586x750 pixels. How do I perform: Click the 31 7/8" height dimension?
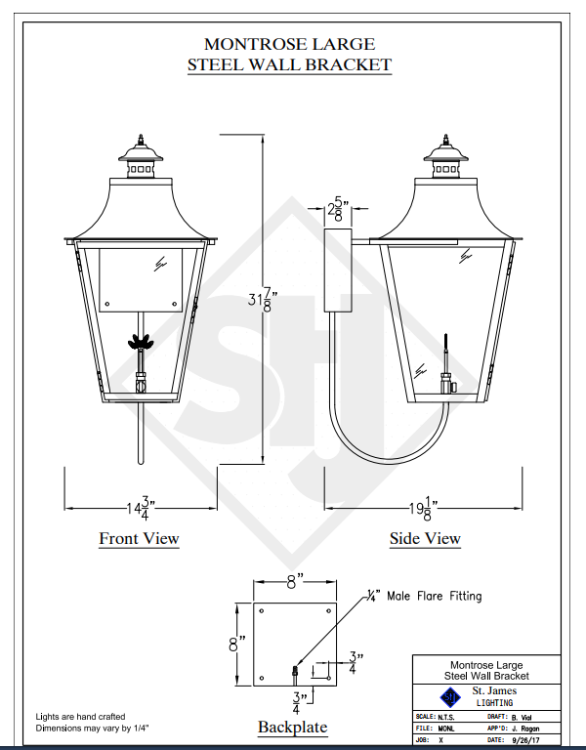click(x=262, y=301)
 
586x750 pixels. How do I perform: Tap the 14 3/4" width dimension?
click(x=141, y=509)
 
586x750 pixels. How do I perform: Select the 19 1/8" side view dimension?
click(x=423, y=509)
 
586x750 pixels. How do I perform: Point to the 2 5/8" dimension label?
click(x=338, y=209)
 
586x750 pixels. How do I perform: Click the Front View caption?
click(x=140, y=538)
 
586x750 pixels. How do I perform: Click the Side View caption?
click(x=425, y=538)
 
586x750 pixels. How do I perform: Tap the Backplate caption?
click(x=292, y=727)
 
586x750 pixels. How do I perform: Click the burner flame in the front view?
click(x=141, y=342)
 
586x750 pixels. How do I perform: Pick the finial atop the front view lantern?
click(x=141, y=140)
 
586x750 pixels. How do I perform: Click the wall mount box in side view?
click(x=338, y=271)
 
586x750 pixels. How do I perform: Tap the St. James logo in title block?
click(x=449, y=697)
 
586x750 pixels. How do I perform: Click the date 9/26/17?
click(x=525, y=740)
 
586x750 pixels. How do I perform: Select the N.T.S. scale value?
click(x=446, y=717)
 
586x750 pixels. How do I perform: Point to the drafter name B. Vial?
click(x=521, y=718)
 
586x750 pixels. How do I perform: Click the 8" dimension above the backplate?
click(x=295, y=582)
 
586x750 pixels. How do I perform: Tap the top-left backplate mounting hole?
click(x=262, y=610)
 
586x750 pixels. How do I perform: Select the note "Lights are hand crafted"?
click(x=80, y=717)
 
